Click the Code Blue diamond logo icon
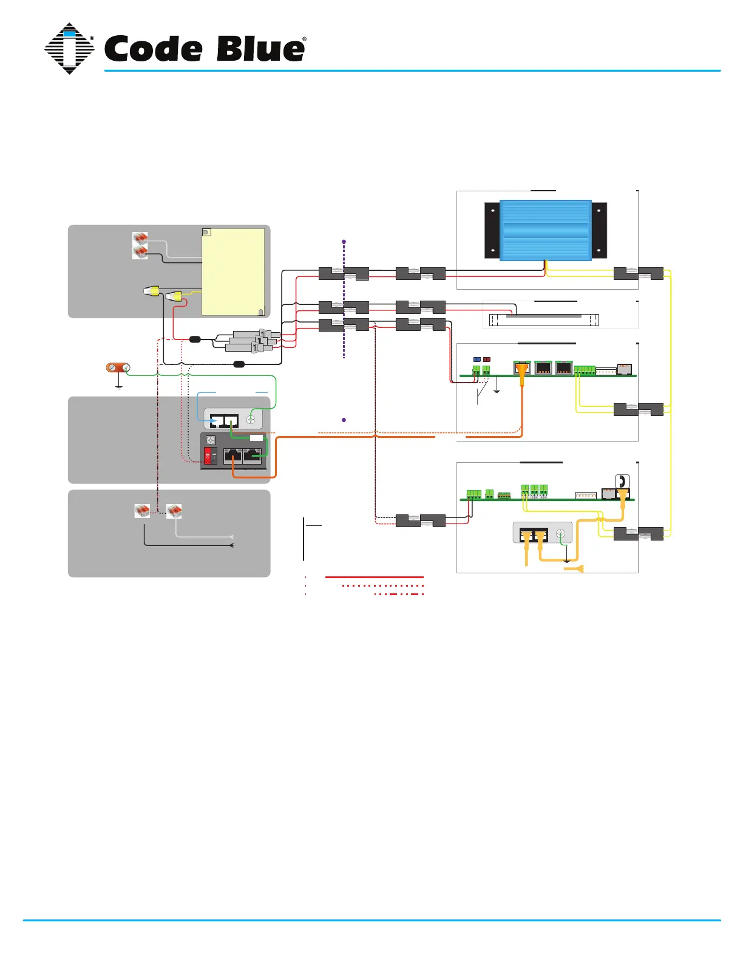pos(69,49)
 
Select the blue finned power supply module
pos(545,230)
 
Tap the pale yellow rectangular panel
pos(233,271)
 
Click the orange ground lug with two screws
pos(118,367)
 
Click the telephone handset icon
pos(622,481)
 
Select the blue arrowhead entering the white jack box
pos(214,420)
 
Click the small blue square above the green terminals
pos(477,360)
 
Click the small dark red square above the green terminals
pos(486,360)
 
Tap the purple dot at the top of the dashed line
pos(344,242)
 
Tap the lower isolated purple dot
pos(344,420)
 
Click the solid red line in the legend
pos(374,577)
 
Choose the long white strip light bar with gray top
pos(544,319)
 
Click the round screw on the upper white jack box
pos(250,419)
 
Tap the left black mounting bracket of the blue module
pos(492,231)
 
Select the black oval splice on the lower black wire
pos(239,364)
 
